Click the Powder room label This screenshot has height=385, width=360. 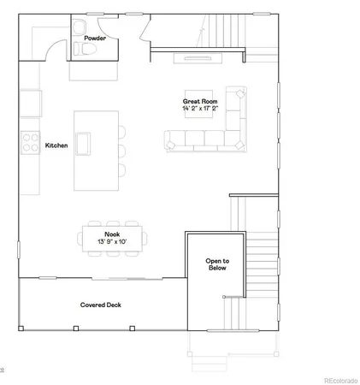point(95,38)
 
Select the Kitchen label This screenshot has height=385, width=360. point(56,145)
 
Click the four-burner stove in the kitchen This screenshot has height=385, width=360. point(30,139)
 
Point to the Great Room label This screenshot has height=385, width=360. point(199,102)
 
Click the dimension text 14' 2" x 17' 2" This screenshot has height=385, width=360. point(199,110)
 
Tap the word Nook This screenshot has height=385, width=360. point(112,234)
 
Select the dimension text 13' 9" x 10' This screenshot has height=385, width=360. point(112,241)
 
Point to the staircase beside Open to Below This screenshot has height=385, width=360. point(262,257)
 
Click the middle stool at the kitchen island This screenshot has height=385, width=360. point(121,148)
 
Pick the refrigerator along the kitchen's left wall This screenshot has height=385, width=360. point(29,104)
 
